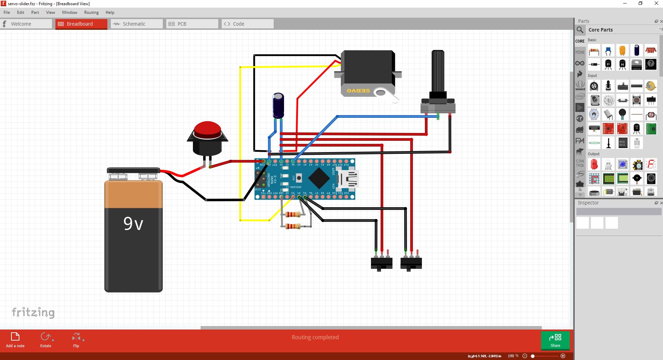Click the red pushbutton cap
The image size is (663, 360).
click(x=207, y=130)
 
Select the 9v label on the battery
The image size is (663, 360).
click(x=133, y=224)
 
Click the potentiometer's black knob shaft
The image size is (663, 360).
click(x=438, y=71)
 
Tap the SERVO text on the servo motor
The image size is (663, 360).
click(x=358, y=91)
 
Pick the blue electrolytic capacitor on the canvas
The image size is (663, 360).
click(x=278, y=105)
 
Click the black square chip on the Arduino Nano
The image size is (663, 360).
click(x=319, y=178)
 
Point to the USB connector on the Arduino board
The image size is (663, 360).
click(x=348, y=179)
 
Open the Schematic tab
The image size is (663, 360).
click(x=136, y=24)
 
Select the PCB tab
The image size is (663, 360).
click(x=192, y=24)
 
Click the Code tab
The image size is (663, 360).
click(x=247, y=24)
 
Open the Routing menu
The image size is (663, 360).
click(x=91, y=12)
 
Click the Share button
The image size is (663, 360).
click(x=555, y=340)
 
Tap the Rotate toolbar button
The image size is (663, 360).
click(x=46, y=340)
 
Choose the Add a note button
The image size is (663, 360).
click(x=15, y=340)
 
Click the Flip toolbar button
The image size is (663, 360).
click(x=76, y=340)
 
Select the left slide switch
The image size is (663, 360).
click(x=381, y=263)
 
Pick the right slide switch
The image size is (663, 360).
click(x=411, y=263)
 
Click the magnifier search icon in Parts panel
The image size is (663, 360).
click(x=580, y=30)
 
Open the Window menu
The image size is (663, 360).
click(x=69, y=12)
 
